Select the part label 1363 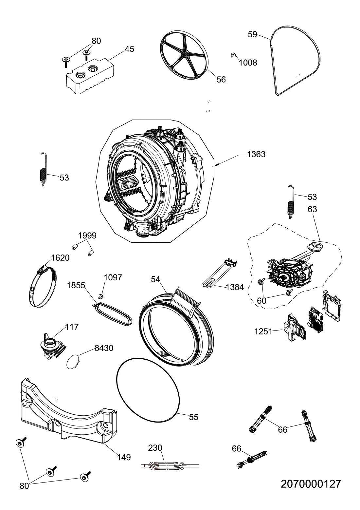[256, 154]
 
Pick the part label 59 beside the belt [252, 35]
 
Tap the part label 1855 [76, 286]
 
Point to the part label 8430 [104, 348]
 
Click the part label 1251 [263, 332]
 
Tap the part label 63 [312, 209]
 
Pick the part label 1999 [87, 236]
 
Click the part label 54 [155, 279]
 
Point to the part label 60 [261, 301]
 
